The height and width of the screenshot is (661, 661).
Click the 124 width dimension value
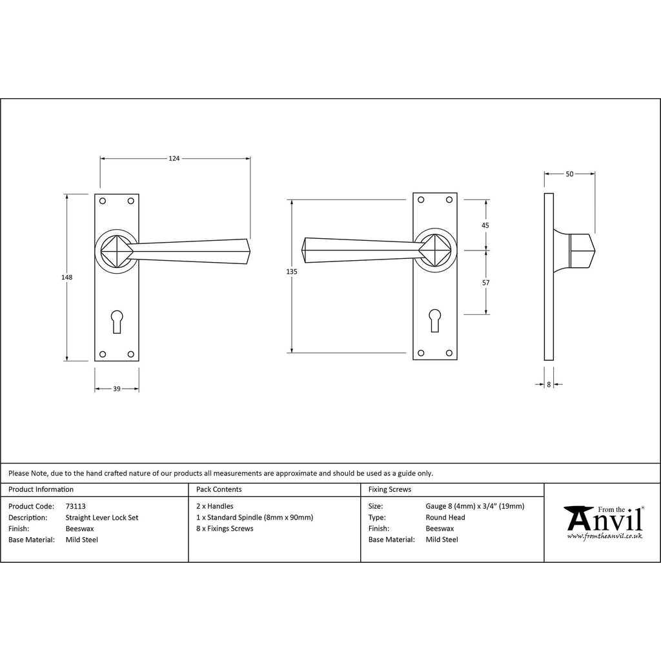coord(174,159)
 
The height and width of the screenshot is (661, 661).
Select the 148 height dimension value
coord(67,278)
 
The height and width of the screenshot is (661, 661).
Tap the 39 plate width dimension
coord(117,389)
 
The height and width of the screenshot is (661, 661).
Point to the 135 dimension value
coord(292,272)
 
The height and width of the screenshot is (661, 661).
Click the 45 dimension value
coord(485,225)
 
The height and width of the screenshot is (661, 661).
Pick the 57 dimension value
coord(485,283)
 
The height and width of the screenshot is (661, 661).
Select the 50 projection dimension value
coord(569,174)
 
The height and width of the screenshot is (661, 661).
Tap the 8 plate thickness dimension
coord(549,385)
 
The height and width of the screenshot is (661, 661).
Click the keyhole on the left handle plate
coord(117,321)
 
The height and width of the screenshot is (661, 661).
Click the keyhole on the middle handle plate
coord(434,321)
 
